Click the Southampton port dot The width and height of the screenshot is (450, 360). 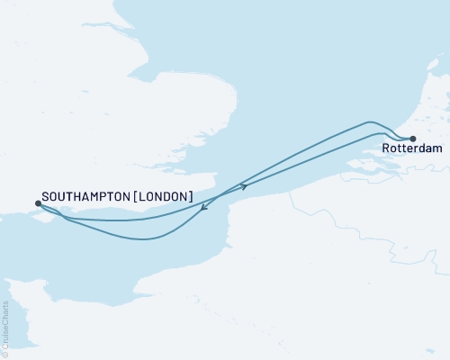point(37,203)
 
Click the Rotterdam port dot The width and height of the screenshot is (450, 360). point(412,139)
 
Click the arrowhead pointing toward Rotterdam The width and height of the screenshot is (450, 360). point(244,186)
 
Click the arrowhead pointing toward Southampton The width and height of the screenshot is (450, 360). point(204,208)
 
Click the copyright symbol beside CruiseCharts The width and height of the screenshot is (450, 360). point(5,353)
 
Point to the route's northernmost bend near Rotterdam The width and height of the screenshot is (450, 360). point(369,121)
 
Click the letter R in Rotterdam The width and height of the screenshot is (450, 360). point(385,150)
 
